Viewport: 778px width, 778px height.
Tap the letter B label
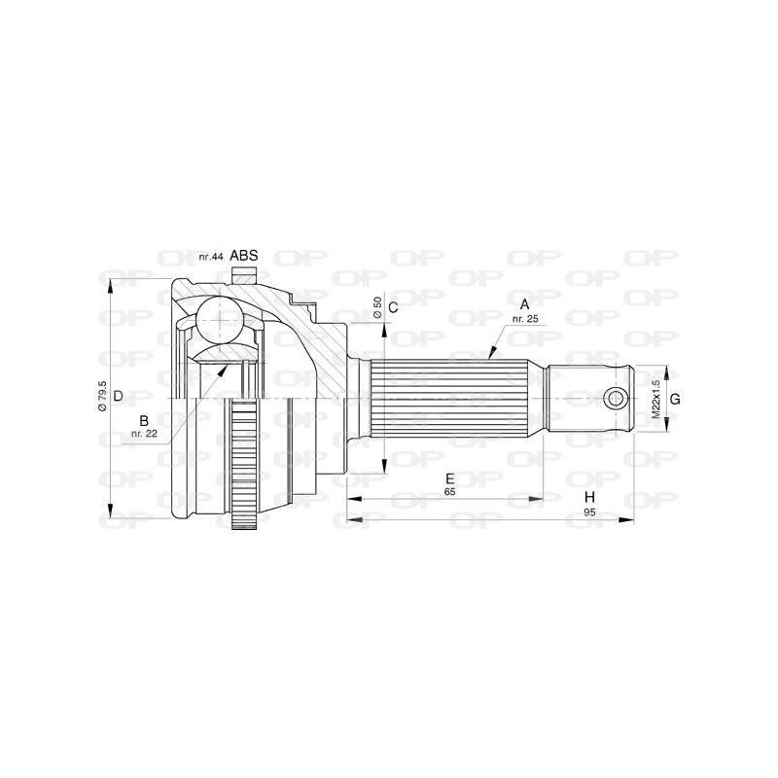pos(144,420)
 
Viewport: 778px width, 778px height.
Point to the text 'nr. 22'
pos(144,434)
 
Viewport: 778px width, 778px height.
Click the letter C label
pos(393,308)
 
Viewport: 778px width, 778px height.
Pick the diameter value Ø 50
pos(377,308)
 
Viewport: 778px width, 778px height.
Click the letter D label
pos(117,396)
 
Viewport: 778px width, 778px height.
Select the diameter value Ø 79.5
pos(102,396)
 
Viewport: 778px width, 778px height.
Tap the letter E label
pos(449,478)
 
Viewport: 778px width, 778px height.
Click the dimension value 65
pos(449,493)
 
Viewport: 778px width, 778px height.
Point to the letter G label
pos(674,399)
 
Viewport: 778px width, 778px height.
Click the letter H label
pos(589,498)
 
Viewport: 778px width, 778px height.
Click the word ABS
pos(244,256)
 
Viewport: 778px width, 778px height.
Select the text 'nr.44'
pos(211,257)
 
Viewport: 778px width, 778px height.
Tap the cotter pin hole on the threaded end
pos(615,398)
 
